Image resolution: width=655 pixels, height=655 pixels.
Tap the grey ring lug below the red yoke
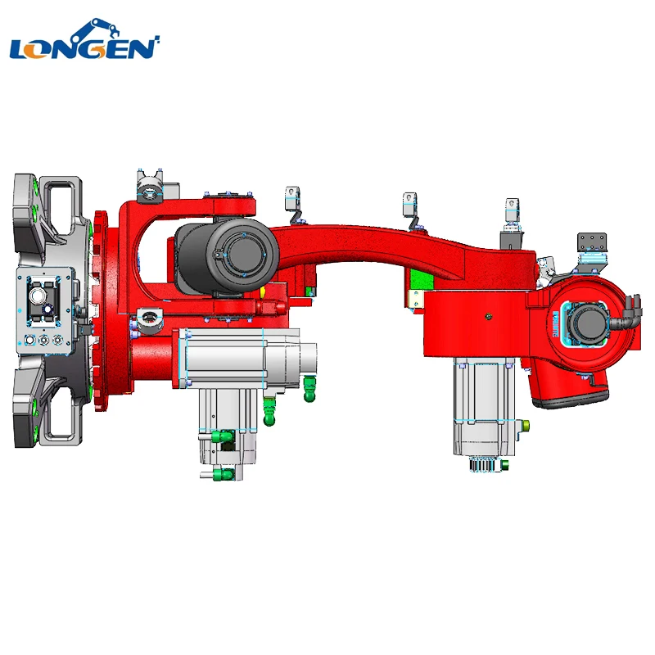click(148, 316)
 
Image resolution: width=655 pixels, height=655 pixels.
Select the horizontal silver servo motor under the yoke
click(246, 357)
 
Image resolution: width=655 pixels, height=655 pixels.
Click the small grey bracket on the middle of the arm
click(410, 206)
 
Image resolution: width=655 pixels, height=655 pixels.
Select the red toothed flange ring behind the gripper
click(100, 311)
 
